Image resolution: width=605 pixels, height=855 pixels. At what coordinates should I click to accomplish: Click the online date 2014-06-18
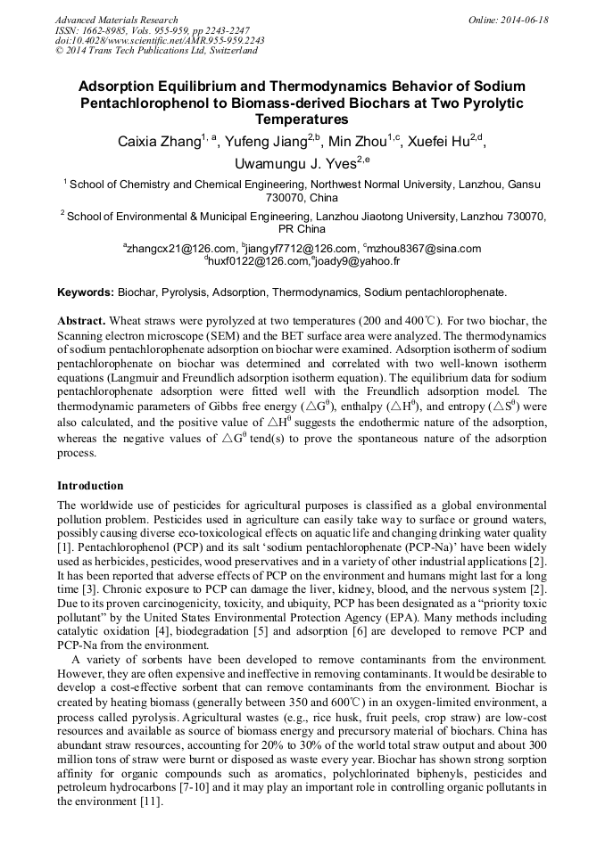point(524,20)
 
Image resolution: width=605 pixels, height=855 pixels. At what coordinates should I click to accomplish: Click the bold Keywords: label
point(86,292)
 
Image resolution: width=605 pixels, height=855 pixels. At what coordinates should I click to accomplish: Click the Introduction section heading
point(90,486)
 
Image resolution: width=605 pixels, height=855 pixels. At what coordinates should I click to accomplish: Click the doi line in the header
point(160,41)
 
